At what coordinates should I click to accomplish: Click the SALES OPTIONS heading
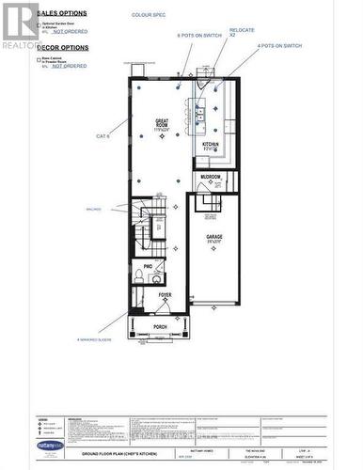[63, 13]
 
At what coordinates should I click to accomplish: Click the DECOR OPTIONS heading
[63, 47]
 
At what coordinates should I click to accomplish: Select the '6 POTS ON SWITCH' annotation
[199, 35]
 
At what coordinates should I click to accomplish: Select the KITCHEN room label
[212, 145]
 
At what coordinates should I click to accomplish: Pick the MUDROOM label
[210, 176]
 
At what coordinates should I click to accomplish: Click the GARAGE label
[213, 239]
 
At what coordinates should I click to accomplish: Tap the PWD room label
[149, 267]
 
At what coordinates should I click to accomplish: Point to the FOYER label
[165, 295]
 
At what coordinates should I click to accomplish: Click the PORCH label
[160, 327]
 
